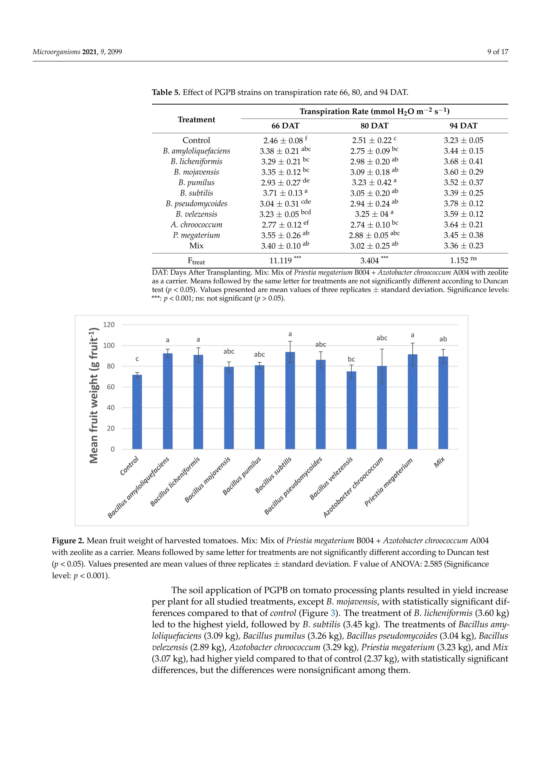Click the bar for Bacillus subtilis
click(290, 400)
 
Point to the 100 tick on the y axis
click(109, 345)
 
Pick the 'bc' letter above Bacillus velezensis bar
click(351, 359)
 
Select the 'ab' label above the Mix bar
click(443, 339)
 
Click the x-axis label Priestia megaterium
click(388, 482)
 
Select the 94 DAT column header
click(463, 126)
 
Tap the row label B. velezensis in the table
click(196, 214)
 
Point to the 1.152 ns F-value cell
click(463, 260)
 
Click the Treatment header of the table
click(196, 119)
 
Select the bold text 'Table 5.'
click(166, 92)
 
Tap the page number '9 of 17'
click(497, 52)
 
